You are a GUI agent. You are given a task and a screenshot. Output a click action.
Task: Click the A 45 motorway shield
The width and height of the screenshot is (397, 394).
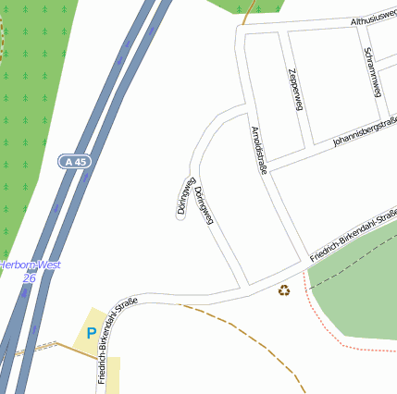click(x=77, y=161)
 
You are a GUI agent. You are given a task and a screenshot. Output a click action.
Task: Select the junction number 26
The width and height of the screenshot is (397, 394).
click(x=29, y=277)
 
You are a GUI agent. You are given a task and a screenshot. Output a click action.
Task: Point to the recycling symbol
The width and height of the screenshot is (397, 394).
click(x=283, y=291)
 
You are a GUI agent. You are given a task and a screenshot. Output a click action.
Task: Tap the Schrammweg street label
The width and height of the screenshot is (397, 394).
click(x=373, y=71)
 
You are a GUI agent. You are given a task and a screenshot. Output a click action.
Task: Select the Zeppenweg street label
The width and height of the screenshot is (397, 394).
click(x=296, y=89)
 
